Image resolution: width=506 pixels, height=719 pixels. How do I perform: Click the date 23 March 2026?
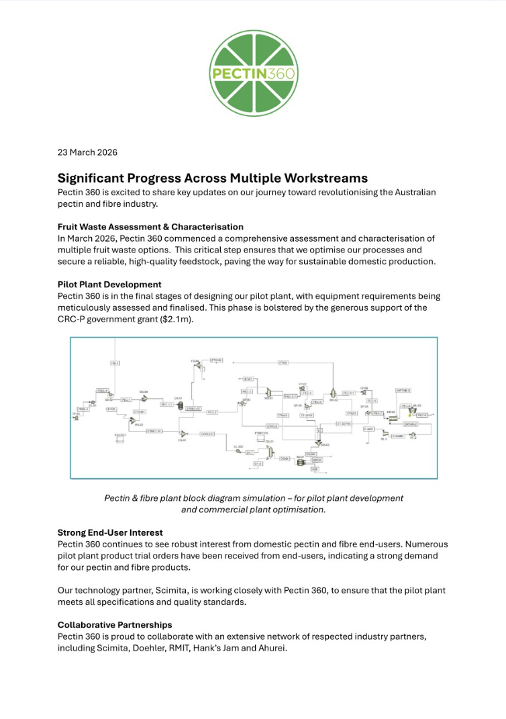coord(87,152)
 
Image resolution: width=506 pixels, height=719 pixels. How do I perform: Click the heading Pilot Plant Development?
coord(109,285)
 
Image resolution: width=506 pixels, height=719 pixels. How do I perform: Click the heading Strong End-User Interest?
coord(110,532)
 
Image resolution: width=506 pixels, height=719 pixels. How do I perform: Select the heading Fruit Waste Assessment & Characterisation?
coord(150,227)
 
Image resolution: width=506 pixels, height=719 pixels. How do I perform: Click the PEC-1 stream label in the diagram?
coord(125,399)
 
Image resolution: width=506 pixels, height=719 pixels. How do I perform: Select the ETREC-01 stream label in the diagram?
coord(154,431)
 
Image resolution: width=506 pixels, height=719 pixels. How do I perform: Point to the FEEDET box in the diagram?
coord(121,436)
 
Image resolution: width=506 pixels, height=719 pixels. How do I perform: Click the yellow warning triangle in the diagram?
coord(412,414)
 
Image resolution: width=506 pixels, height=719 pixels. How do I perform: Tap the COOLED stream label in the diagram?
coord(207,434)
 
